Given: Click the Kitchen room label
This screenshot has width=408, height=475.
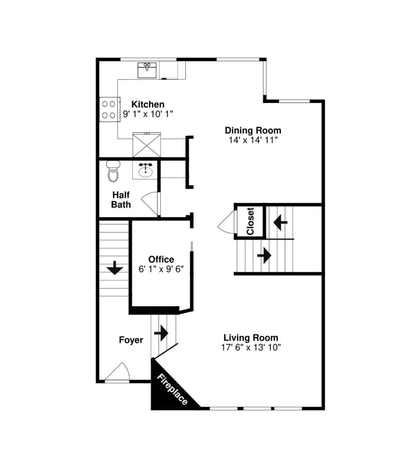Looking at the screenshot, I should tap(148, 104).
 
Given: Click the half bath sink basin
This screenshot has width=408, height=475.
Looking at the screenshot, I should tap(146, 169).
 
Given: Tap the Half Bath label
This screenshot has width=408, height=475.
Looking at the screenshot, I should tap(120, 199).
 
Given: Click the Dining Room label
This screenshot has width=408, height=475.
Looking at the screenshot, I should tap(253, 130).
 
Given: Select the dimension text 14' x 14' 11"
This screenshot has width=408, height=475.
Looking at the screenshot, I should tap(253, 140).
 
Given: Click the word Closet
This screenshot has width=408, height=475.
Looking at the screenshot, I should tap(250, 221).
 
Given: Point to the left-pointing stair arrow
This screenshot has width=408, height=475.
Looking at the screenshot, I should tap(280, 223).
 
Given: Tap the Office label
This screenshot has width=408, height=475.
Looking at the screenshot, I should tap(161, 259).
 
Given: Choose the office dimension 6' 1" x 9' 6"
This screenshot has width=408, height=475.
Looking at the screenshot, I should tap(161, 269).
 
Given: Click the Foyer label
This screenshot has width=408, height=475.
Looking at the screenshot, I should tap(131, 340).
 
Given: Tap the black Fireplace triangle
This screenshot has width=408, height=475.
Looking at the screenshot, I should tap(169, 391).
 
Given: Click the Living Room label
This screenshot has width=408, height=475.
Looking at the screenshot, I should tap(251, 338).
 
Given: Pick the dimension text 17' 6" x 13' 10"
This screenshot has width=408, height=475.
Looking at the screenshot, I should tap(251, 347).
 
